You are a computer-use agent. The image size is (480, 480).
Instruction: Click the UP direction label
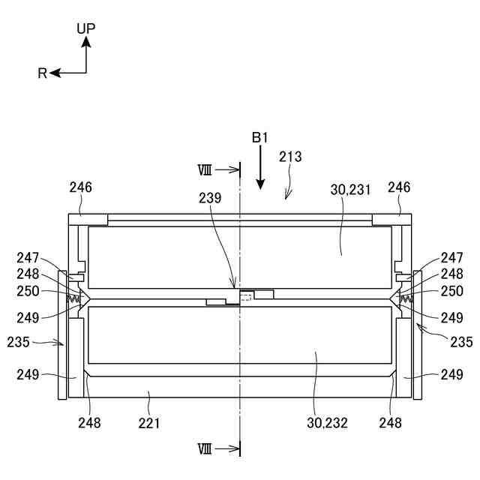[x=86, y=28]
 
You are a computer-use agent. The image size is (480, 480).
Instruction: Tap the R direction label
[x=42, y=73]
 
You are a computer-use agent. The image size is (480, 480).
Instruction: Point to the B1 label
[x=260, y=138]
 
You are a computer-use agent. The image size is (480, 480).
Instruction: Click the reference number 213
[x=290, y=157]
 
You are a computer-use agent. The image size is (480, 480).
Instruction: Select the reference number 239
[x=210, y=198]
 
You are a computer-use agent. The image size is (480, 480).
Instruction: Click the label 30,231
[x=350, y=190]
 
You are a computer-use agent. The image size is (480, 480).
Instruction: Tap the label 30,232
[x=327, y=423]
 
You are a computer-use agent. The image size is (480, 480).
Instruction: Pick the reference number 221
[x=149, y=423]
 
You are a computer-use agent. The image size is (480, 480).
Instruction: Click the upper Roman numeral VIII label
[x=205, y=170]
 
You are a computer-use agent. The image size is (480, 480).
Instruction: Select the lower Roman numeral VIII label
[x=205, y=449]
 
